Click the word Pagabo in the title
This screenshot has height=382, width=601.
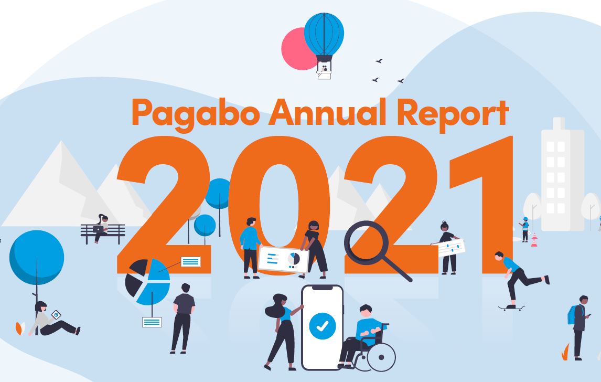pyautogui.click(x=195, y=112)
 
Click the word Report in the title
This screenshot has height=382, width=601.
pyautogui.click(x=453, y=112)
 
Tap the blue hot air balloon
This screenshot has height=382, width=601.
pyautogui.click(x=324, y=34)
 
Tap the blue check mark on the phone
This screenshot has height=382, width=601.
pyautogui.click(x=322, y=326)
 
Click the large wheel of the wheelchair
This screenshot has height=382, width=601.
pyautogui.click(x=381, y=357)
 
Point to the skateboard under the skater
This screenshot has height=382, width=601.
pyautogui.click(x=511, y=308)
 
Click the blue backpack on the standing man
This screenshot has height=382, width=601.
pyautogui.click(x=571, y=314)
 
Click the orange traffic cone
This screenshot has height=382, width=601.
pyautogui.click(x=534, y=242)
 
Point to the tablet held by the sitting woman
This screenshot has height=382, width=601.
pyautogui.click(x=56, y=315)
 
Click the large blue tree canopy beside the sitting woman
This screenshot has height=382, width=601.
pyautogui.click(x=37, y=257)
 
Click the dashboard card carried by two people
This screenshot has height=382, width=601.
pyautogui.click(x=283, y=259)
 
